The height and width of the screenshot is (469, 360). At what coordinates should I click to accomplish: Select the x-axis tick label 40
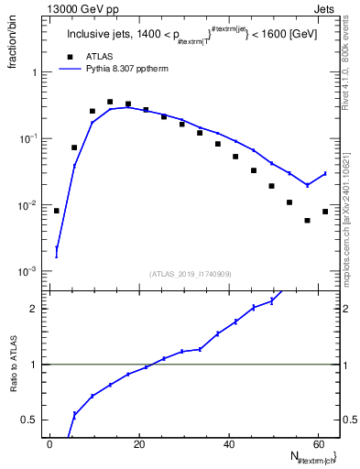[230, 444]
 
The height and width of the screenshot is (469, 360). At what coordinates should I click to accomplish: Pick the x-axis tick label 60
[320, 444]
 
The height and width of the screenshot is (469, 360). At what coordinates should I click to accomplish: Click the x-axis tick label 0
[50, 444]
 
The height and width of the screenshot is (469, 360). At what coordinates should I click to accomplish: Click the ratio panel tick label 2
[34, 309]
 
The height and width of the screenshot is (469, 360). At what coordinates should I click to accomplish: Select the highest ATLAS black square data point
[110, 102]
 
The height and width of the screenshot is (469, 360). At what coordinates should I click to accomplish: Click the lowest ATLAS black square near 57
[307, 220]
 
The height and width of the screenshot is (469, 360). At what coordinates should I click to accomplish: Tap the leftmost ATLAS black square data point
[57, 211]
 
